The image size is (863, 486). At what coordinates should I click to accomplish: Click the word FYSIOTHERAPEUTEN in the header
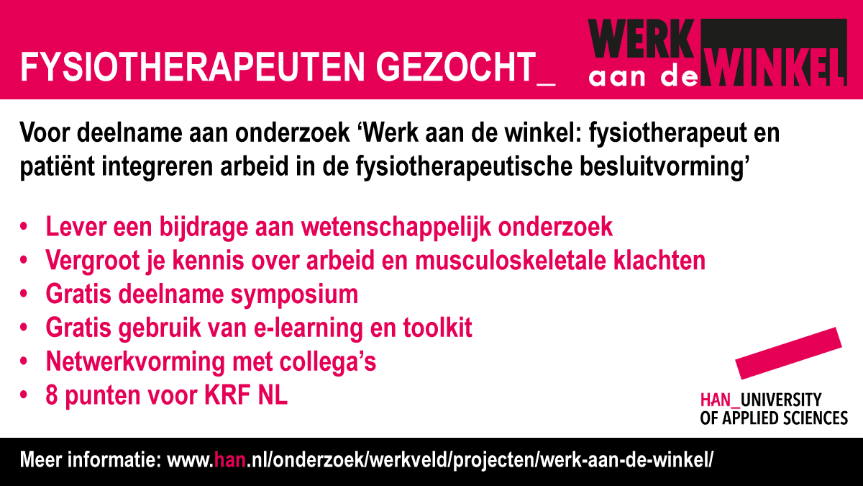(193, 67)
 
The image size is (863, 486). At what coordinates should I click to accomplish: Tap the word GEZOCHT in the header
(456, 67)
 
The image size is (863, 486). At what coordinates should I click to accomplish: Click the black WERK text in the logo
(641, 39)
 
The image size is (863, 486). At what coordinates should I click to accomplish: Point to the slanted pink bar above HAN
(789, 354)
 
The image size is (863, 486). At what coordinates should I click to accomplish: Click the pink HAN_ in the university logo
(720, 400)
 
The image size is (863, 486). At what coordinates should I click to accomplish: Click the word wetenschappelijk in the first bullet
(396, 227)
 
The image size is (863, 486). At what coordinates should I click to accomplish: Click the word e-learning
(308, 328)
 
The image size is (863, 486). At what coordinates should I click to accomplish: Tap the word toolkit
(438, 328)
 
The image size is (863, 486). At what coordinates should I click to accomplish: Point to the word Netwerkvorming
(135, 361)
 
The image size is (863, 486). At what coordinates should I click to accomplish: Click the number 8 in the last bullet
(52, 395)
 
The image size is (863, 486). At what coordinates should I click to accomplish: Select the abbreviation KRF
(227, 395)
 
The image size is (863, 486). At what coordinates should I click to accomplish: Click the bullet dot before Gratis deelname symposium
(24, 294)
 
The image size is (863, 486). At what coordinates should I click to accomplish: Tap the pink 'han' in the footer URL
(229, 460)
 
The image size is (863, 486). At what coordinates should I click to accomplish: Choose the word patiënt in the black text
(58, 167)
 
